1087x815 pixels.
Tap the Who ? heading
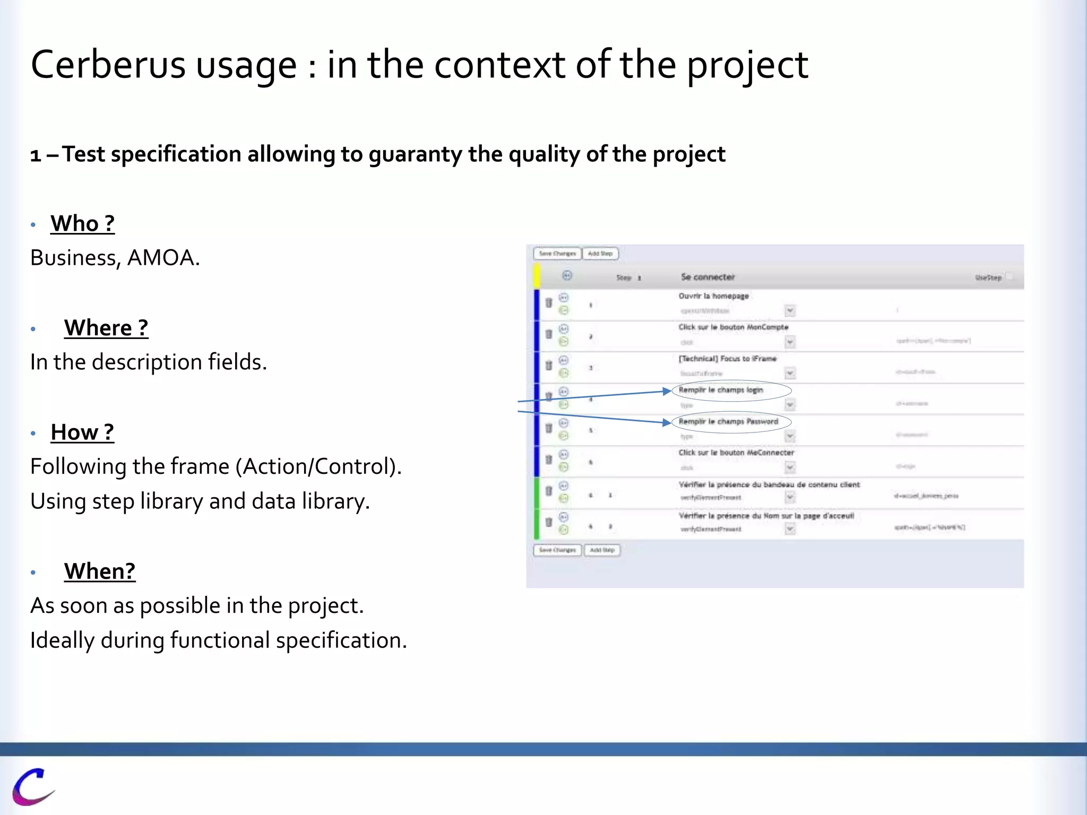coord(82,223)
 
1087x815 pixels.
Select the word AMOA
coord(163,258)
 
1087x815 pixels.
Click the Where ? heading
coord(106,328)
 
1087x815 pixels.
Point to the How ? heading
coord(82,432)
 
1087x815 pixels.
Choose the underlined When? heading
coord(100,571)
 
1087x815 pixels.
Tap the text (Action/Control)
coord(318,467)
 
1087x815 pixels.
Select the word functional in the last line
coord(220,640)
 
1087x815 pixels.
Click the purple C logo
coord(32,786)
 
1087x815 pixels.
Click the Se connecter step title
coord(708,277)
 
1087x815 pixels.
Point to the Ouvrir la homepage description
coord(713,296)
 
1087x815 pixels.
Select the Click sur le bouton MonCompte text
coord(733,327)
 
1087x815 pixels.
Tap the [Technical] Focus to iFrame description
coord(727,359)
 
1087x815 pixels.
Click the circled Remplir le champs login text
coord(720,390)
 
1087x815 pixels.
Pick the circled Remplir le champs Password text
coord(728,422)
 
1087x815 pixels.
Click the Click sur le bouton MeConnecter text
coord(736,453)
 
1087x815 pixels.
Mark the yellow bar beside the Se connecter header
coord(537,276)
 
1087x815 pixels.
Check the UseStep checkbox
coord(1010,276)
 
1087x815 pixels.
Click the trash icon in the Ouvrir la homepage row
coord(549,303)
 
